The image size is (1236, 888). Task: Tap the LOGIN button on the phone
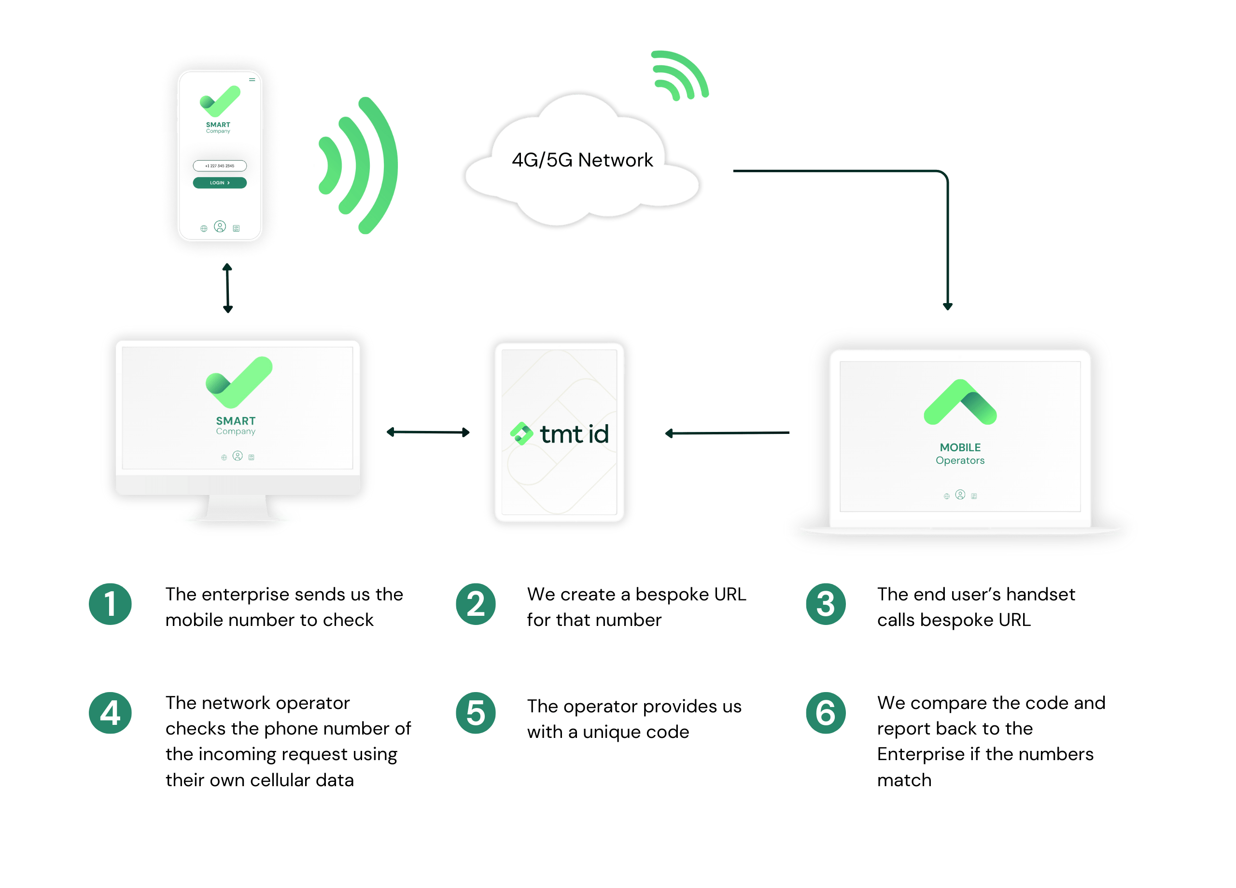(220, 182)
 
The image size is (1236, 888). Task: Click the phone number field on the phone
(220, 166)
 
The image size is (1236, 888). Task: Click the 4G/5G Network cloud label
(582, 160)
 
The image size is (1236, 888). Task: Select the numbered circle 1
(110, 604)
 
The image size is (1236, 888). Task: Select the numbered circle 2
(476, 604)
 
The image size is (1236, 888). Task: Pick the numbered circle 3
(826, 604)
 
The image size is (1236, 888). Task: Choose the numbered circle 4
(110, 713)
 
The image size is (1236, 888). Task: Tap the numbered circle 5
(476, 713)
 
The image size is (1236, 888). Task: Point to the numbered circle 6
(826, 713)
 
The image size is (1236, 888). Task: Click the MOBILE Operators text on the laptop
(960, 454)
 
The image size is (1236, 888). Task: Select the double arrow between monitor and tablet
(428, 432)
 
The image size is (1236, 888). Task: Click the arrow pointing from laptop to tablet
(727, 433)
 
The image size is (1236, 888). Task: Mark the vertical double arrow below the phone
(228, 288)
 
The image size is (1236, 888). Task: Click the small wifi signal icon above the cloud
(679, 75)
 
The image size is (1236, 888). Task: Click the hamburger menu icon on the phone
(252, 80)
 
